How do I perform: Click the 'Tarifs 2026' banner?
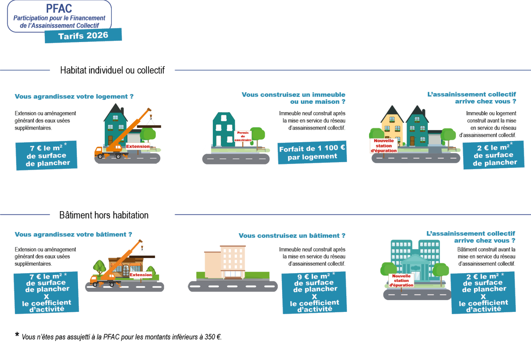pyautogui.click(x=83, y=36)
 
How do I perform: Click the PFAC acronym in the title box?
pyautogui.click(x=59, y=8)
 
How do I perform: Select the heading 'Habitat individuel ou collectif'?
pyautogui.click(x=112, y=70)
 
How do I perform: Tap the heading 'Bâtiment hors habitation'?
pyautogui.click(x=104, y=215)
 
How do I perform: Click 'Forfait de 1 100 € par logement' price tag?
pyautogui.click(x=312, y=153)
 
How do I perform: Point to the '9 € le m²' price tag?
pyautogui.click(x=314, y=293)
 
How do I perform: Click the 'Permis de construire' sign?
pyautogui.click(x=243, y=136)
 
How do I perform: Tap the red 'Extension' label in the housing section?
pyautogui.click(x=138, y=146)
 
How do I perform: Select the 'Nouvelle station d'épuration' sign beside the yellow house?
pyautogui.click(x=384, y=146)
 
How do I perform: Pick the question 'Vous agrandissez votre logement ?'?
pyautogui.click(x=74, y=97)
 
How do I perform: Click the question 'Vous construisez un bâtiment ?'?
pyautogui.click(x=292, y=236)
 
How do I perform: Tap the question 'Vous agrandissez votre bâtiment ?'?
pyautogui.click(x=73, y=235)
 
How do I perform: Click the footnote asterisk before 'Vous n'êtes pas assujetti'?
pyautogui.click(x=17, y=335)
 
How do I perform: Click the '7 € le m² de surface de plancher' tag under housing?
pyautogui.click(x=47, y=155)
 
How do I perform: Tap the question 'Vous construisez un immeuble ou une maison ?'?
pyautogui.click(x=293, y=98)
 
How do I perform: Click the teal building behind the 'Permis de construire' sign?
pyautogui.click(x=224, y=129)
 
